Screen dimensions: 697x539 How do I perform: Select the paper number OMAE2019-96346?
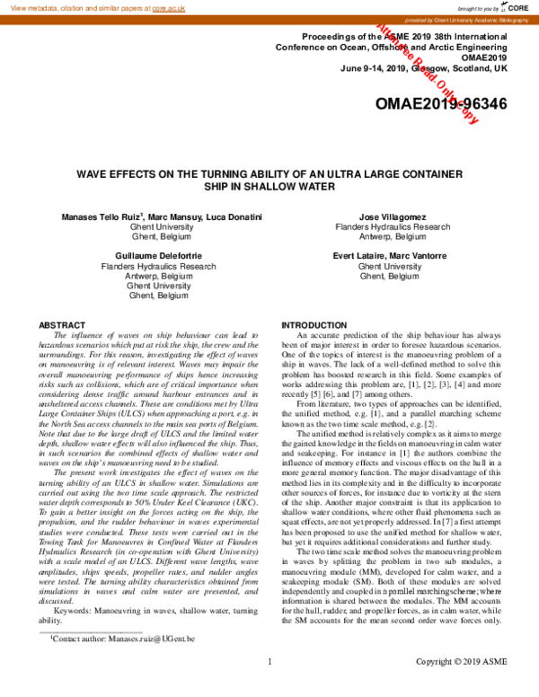point(440,105)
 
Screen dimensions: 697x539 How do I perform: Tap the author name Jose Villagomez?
point(393,217)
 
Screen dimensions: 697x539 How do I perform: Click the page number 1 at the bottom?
point(269,687)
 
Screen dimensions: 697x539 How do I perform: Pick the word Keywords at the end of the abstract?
point(75,636)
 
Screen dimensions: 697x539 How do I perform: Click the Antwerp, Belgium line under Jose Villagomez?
point(393,237)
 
